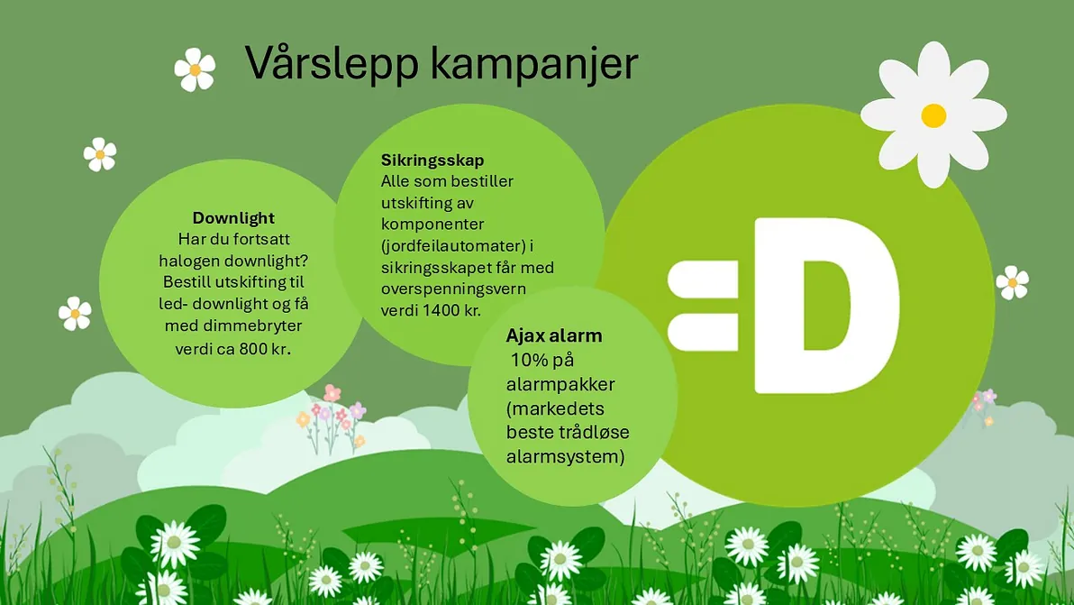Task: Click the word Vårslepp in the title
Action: (x=332, y=64)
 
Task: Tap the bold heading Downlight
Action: (x=233, y=218)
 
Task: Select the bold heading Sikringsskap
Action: (x=432, y=161)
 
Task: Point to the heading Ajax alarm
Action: (x=554, y=335)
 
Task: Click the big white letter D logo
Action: (x=825, y=306)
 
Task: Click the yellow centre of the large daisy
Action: (x=933, y=115)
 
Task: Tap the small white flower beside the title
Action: (x=195, y=69)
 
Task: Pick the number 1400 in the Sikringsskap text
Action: (x=441, y=309)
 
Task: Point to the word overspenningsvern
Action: (x=453, y=289)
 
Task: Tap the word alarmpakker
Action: (x=560, y=384)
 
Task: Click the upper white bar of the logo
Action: (x=703, y=280)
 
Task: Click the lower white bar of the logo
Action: (x=703, y=332)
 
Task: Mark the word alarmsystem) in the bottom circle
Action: (x=565, y=457)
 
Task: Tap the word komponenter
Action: (x=432, y=225)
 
